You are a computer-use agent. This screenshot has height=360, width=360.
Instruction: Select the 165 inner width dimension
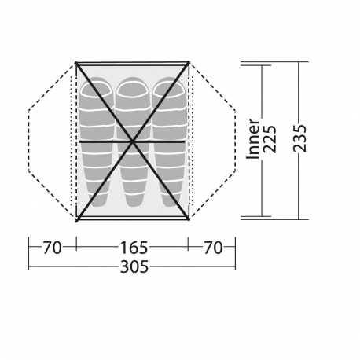tap(132, 248)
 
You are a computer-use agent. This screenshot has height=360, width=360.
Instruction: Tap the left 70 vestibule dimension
tap(53, 248)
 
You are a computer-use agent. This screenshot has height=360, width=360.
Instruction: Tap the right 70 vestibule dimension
tap(212, 248)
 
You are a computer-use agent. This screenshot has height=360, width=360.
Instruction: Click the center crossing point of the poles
tap(133, 141)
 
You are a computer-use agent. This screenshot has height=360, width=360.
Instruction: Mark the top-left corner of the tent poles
tap(75, 61)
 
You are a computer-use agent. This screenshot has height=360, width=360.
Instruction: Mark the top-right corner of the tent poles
tap(189, 61)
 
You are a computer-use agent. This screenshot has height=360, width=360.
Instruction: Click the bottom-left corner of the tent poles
tap(75, 220)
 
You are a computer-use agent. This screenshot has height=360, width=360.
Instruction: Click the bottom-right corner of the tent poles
tap(189, 220)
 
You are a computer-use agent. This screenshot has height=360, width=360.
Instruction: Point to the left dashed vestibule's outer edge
tap(28, 141)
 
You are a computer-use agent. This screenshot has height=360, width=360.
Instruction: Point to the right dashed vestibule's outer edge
tap(236, 141)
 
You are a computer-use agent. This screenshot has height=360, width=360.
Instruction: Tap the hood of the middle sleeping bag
tap(133, 89)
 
